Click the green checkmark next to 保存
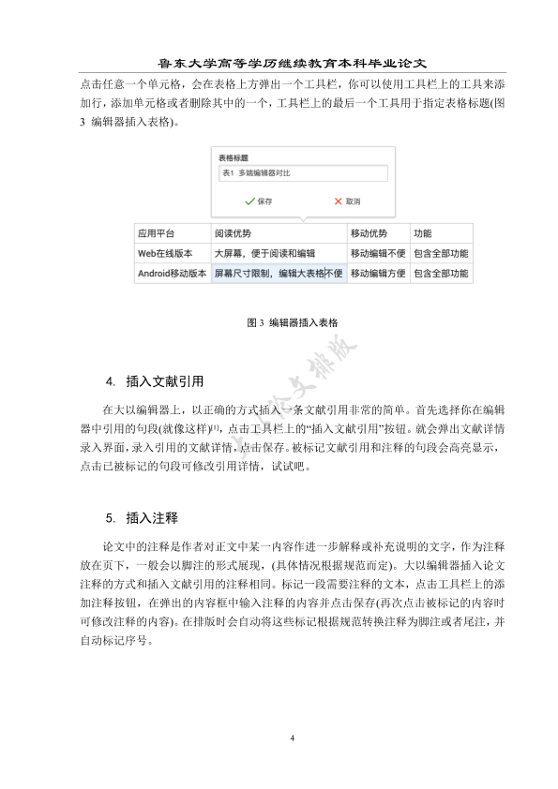[x=249, y=201]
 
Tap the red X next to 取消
[x=338, y=201]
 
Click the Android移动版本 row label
[x=171, y=274]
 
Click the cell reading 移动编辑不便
[x=377, y=253]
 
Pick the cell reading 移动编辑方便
[x=377, y=274]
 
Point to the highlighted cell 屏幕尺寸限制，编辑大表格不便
[x=278, y=274]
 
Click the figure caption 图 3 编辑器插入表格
[x=293, y=322]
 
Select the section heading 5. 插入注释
[x=142, y=517]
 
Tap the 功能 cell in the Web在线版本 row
[x=440, y=253]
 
